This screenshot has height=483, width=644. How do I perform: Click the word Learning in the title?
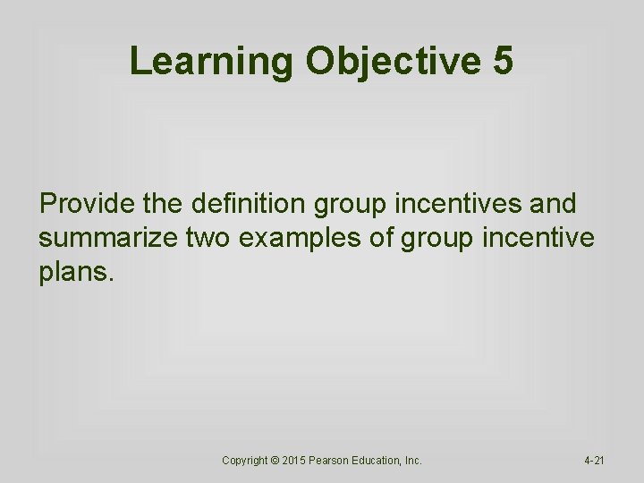[x=211, y=61]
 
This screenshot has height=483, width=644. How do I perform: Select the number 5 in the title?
[x=502, y=61]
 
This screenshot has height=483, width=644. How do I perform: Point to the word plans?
[x=76, y=272]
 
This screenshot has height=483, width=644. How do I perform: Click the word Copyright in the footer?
[x=244, y=460]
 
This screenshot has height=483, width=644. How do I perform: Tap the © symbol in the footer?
[x=275, y=460]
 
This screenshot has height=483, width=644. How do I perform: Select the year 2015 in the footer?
[x=295, y=460]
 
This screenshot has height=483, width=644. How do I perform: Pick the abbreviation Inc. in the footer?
[x=413, y=460]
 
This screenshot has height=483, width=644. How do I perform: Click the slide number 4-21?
[x=594, y=460]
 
